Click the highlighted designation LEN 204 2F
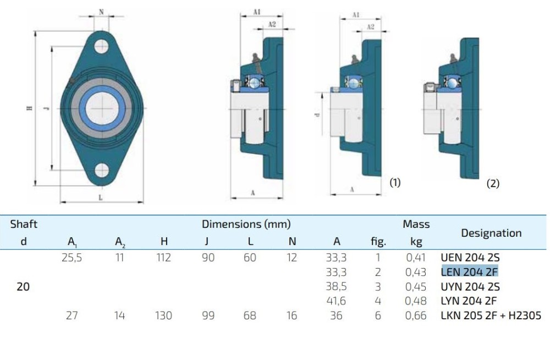[x=470, y=271]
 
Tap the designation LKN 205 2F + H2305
[x=491, y=315]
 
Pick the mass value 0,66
[x=416, y=315]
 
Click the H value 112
[x=163, y=257]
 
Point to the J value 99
[x=208, y=315]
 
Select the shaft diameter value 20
[x=23, y=286]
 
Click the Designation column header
[x=491, y=233]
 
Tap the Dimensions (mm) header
[x=246, y=224]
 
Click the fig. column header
[x=378, y=241]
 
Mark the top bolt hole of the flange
[x=101, y=46]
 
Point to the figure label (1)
[x=395, y=182]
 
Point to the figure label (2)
[x=493, y=184]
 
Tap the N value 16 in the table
[x=292, y=315]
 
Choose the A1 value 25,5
[x=72, y=257]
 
